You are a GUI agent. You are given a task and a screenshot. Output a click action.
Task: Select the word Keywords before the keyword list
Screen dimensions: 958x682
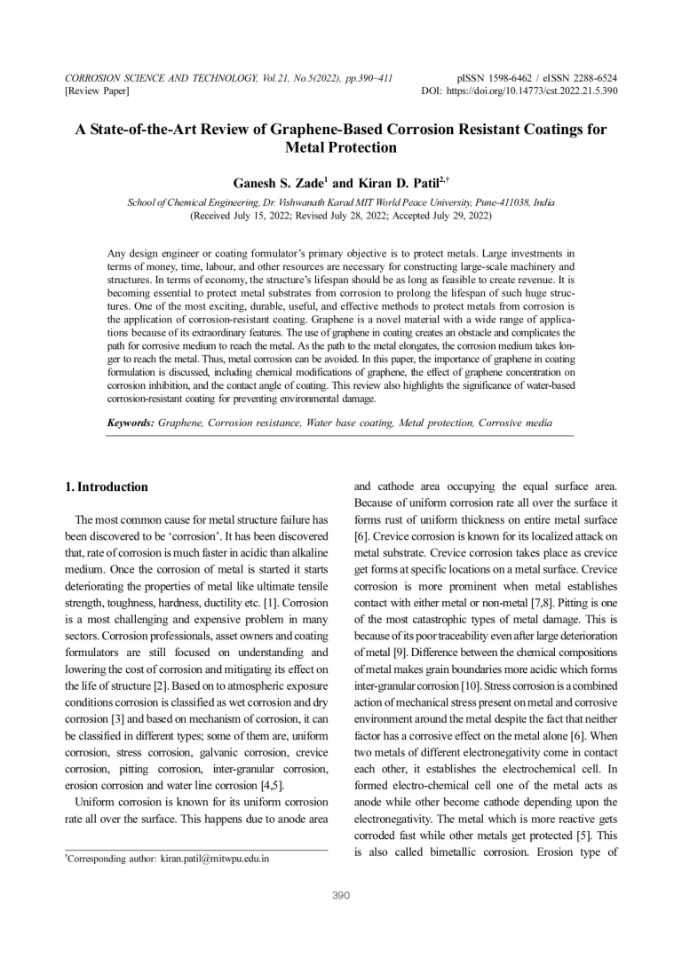[130, 424]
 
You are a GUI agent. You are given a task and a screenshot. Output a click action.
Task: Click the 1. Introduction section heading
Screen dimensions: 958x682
[107, 487]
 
